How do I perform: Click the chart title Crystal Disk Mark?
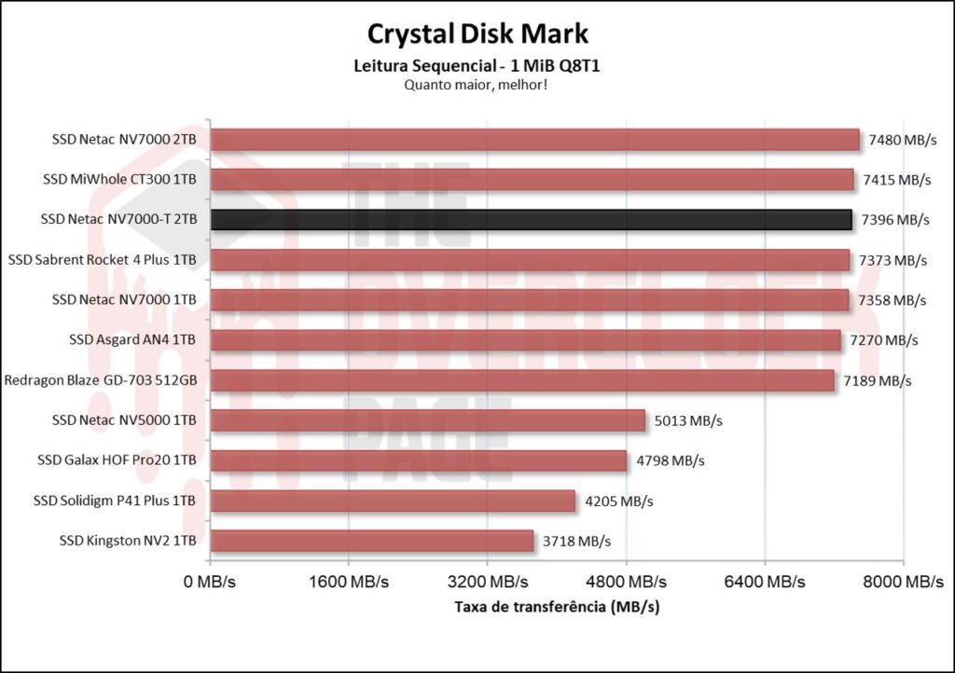[477, 34]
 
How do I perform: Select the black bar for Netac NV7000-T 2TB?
[531, 219]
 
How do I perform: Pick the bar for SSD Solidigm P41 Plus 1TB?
[392, 501]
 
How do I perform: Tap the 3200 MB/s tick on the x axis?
[487, 582]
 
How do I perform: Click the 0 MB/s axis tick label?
[210, 582]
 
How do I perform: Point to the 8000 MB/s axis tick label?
[902, 582]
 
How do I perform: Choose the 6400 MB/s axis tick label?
[764, 582]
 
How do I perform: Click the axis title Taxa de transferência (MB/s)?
[557, 607]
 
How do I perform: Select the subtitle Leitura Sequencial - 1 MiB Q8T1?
[477, 66]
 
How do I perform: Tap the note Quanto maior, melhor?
[477, 84]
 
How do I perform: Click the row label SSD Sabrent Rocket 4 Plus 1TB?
[103, 259]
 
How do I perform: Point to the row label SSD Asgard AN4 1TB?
[132, 339]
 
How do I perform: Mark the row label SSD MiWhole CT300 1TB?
[120, 179]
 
